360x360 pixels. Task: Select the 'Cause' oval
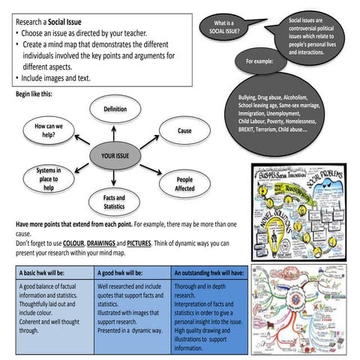[184, 130]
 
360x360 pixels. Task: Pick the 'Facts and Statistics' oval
[114, 201]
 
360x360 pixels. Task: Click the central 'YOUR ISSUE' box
[115, 155]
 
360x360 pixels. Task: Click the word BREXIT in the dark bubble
[250, 130]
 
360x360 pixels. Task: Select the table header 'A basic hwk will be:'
[46, 274]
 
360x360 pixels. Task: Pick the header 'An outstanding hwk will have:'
[209, 274]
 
